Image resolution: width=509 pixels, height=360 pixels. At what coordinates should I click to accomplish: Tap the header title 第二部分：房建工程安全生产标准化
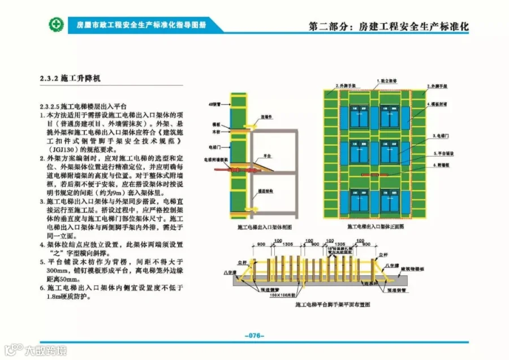(x=389, y=27)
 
